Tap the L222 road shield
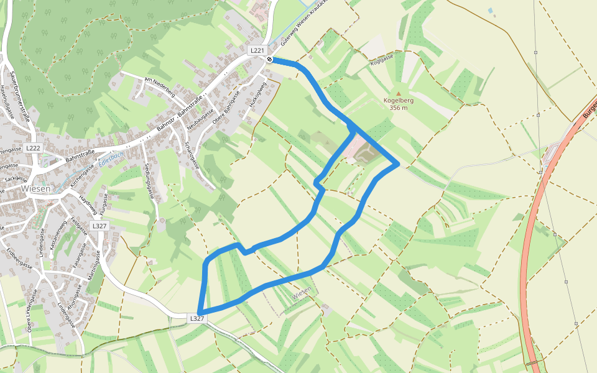click(x=34, y=148)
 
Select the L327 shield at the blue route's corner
click(x=197, y=318)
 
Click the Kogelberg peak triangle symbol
click(x=399, y=93)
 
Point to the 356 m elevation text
click(x=399, y=108)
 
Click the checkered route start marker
click(x=270, y=59)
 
